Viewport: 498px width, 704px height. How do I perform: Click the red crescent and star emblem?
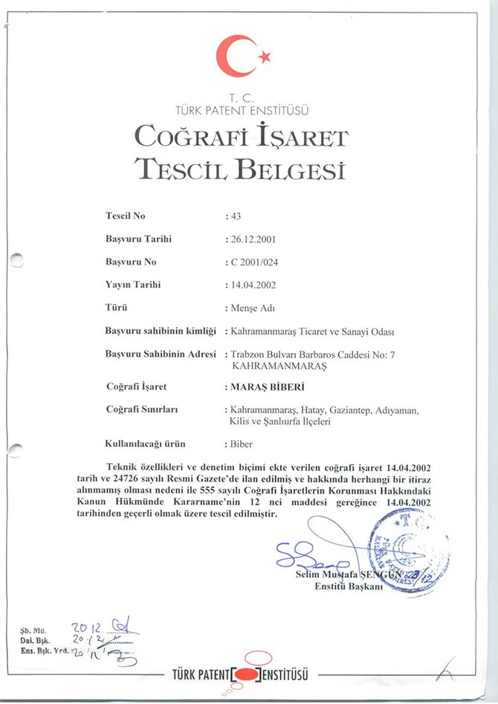coord(242,55)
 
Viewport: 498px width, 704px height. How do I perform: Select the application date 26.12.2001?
coord(255,239)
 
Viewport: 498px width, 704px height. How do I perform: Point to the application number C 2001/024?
coord(256,262)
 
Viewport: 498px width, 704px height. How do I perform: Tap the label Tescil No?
coord(126,216)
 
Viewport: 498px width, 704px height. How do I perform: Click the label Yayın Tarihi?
coord(134,284)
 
